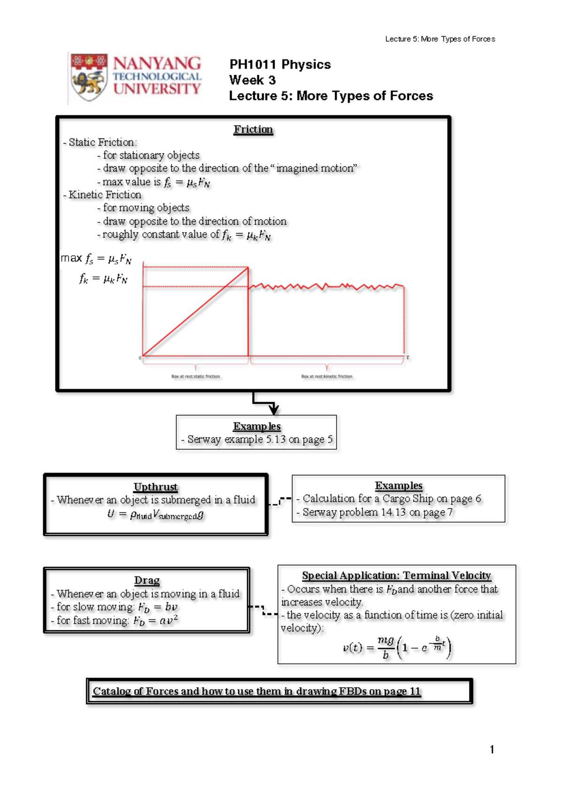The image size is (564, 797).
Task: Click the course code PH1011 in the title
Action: [252, 65]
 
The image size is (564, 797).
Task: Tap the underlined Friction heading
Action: [253, 130]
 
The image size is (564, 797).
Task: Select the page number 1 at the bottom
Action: [492, 749]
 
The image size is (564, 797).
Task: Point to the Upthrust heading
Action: [156, 487]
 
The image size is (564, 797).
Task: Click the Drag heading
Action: [147, 581]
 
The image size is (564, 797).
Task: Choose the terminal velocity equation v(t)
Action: [397, 647]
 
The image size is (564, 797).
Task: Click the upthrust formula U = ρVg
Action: [156, 515]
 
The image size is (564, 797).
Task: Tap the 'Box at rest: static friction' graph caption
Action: [196, 376]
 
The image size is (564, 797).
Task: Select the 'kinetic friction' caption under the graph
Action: [327, 376]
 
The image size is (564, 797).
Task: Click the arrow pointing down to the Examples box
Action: [273, 408]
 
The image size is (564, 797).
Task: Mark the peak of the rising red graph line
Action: [248, 268]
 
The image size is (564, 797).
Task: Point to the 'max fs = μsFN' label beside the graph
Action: [96, 259]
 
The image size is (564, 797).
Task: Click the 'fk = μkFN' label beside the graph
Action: [103, 279]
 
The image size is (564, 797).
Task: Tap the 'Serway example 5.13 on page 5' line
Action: [257, 440]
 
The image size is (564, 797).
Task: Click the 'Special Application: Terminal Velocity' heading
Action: [396, 575]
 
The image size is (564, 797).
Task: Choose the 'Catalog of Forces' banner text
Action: [257, 691]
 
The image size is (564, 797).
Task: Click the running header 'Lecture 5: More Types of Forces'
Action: [440, 39]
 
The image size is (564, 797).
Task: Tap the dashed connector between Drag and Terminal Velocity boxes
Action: [263, 610]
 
